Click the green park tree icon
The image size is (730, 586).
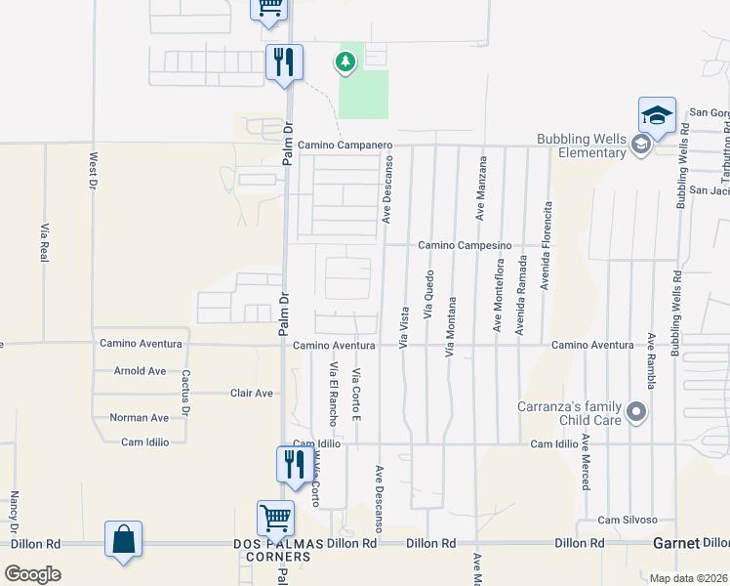[x=345, y=63]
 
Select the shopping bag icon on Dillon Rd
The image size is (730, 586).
[x=124, y=539]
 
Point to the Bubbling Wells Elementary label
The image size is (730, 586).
[x=582, y=146]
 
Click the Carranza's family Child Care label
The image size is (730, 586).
[x=571, y=412]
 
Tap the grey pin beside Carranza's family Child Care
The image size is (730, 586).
[x=637, y=411]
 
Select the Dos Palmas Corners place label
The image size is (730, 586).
[x=272, y=550]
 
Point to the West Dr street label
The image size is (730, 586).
[x=94, y=170]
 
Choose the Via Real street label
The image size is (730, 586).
[x=45, y=241]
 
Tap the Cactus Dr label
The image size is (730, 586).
[x=182, y=387]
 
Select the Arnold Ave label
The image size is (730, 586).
[x=140, y=371]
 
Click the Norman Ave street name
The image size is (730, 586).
[x=139, y=418]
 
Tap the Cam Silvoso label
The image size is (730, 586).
[x=628, y=520]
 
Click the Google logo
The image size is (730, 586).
[x=33, y=573]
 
